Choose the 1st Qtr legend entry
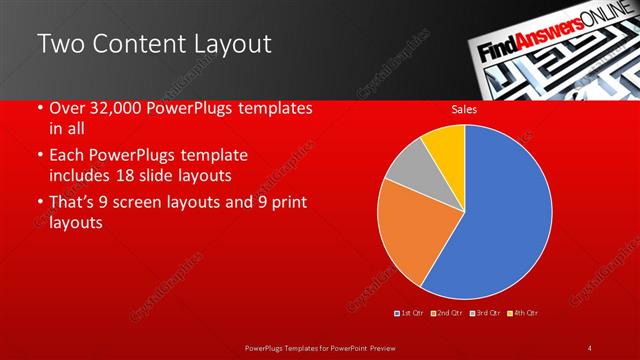412,313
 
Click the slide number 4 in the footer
590,347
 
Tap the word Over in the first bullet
66,109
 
